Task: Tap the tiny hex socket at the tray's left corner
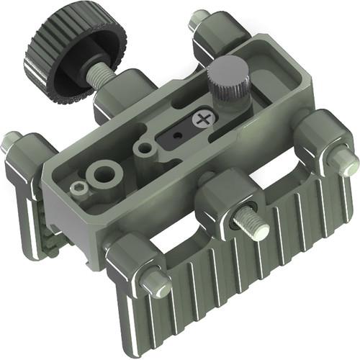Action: click(81, 189)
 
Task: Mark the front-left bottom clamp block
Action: click(130, 263)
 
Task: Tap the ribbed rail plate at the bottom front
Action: click(238, 288)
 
